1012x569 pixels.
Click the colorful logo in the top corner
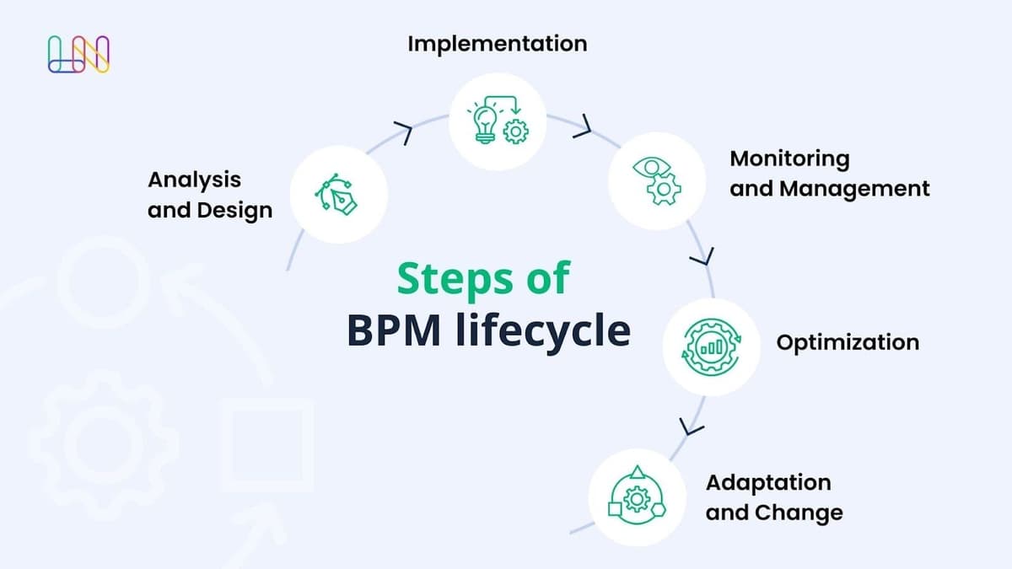[79, 54]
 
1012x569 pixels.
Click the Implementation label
[497, 44]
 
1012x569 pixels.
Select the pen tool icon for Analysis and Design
[337, 195]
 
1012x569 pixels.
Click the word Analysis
[194, 180]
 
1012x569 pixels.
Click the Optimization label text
[848, 343]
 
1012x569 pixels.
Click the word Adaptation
[767, 483]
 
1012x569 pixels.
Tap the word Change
[798, 513]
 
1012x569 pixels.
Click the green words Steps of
[483, 278]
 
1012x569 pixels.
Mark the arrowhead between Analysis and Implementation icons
[404, 132]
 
